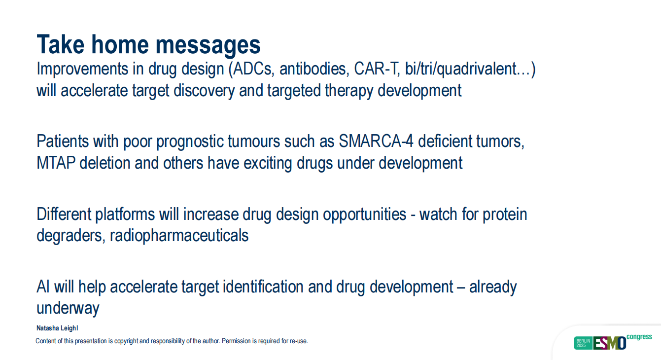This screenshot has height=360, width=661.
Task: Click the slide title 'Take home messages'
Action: pos(148,44)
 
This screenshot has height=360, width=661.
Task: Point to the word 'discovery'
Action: pos(204,90)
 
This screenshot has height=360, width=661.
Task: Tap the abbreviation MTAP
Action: pos(56,163)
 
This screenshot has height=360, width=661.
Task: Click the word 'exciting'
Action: pos(268,163)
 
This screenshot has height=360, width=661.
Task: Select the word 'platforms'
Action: pos(125,214)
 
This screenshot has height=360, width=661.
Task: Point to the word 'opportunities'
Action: pos(364,215)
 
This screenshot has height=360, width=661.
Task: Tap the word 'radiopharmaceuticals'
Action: pos(179,236)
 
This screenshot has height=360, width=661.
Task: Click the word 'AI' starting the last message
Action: pos(43,287)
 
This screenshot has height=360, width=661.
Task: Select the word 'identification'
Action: pos(263,287)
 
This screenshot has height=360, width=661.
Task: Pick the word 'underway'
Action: pos(68,309)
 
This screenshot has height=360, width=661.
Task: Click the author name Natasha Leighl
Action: pos(57,328)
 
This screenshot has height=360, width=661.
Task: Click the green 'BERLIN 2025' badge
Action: pos(583,343)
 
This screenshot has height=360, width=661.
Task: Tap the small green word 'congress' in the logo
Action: pos(639,337)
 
